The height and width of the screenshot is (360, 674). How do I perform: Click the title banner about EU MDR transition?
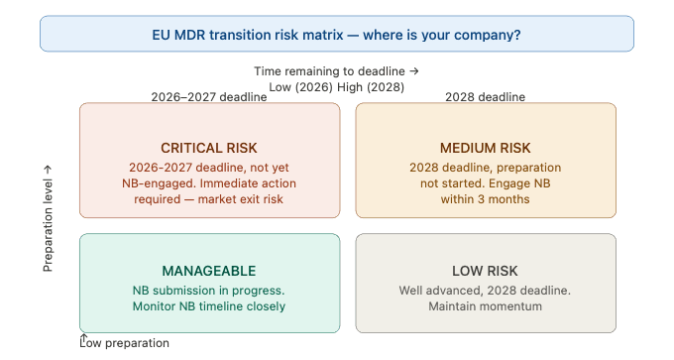336,35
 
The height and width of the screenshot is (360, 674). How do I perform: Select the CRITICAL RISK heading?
208,148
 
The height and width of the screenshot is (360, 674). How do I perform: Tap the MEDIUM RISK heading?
486,148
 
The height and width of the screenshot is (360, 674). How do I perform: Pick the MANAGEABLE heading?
208,271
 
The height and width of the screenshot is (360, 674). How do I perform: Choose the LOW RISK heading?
486,271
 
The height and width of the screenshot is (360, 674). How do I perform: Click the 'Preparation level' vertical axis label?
48,218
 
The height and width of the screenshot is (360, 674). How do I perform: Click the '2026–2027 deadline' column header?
208,97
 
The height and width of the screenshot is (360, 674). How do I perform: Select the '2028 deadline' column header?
486,97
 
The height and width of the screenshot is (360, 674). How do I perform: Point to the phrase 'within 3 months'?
486,198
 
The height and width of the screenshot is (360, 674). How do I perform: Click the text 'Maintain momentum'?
486,306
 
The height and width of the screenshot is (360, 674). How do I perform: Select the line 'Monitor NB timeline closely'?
208,306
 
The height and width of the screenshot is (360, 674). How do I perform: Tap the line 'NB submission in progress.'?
208,291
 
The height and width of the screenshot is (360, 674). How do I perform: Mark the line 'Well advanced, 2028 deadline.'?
486,291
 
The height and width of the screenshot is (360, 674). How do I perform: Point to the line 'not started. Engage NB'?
486,183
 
